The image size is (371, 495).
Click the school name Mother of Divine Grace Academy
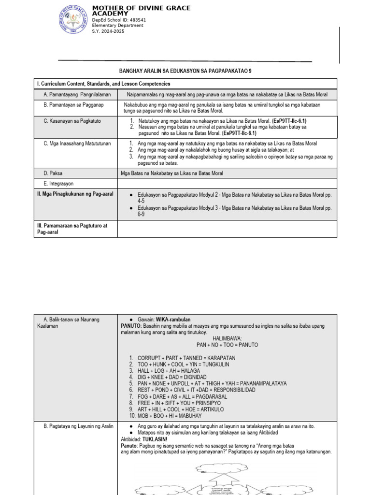(x=141, y=11)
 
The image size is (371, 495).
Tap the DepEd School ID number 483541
(x=135, y=20)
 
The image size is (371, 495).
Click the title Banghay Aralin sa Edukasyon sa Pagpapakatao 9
(x=185, y=71)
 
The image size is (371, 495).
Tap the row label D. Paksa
(x=53, y=173)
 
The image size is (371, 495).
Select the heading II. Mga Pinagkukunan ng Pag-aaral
(x=75, y=194)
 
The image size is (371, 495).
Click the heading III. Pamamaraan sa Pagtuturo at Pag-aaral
(x=72, y=229)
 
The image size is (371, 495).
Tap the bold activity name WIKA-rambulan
(x=172, y=320)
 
